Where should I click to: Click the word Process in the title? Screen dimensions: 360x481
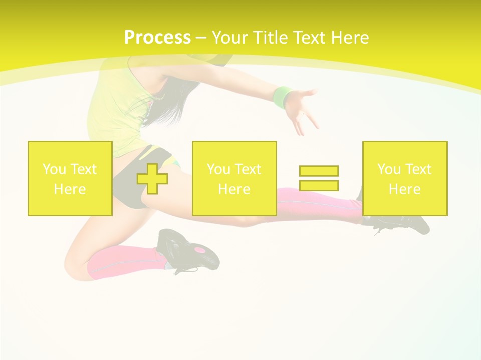click(x=157, y=38)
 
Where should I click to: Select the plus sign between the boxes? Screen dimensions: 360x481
click(x=152, y=178)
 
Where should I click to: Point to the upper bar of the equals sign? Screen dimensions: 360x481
click(x=319, y=171)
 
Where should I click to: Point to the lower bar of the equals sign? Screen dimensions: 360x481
click(x=319, y=185)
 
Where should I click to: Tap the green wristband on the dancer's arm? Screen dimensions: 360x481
click(x=283, y=96)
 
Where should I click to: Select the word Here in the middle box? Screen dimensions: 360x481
click(x=234, y=189)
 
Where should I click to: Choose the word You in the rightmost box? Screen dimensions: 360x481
click(x=389, y=169)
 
